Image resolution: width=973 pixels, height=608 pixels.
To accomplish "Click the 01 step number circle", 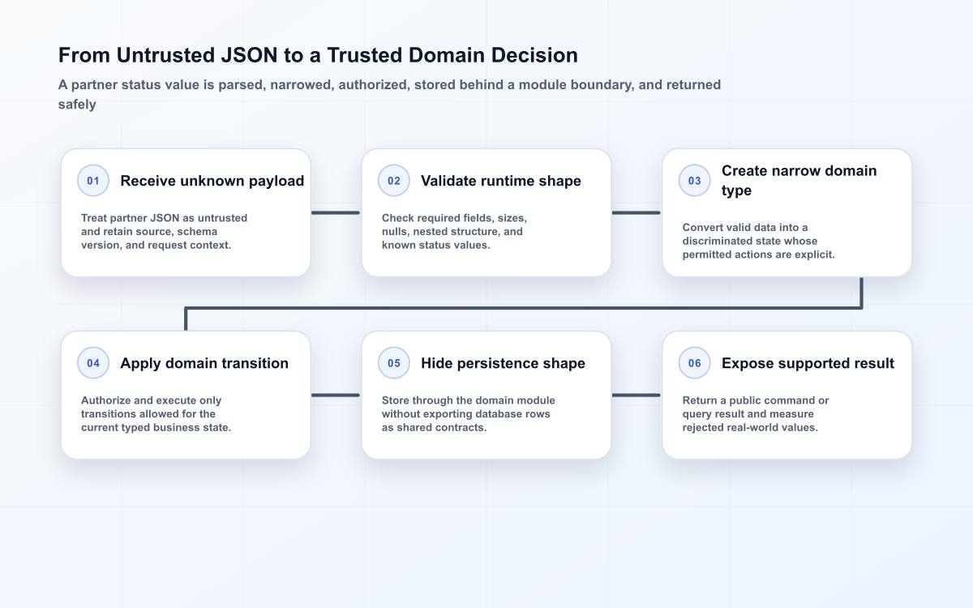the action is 93,181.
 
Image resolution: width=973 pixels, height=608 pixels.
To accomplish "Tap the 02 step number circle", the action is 393,181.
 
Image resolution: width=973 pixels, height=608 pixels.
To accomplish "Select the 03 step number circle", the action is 694,181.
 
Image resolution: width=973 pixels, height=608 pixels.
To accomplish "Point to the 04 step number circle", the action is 93,363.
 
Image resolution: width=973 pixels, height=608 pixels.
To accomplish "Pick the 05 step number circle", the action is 393,363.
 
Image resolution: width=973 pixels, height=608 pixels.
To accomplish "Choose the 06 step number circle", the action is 694,363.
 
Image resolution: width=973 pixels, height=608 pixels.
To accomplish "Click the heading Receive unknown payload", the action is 212,181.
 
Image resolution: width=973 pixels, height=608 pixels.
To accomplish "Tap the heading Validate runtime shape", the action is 501,181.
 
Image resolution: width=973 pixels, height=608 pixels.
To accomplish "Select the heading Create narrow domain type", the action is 799,181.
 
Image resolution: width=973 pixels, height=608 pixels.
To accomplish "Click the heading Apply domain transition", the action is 204,363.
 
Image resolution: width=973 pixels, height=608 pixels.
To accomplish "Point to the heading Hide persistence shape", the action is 503,363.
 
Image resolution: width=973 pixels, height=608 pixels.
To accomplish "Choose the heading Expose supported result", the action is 808,363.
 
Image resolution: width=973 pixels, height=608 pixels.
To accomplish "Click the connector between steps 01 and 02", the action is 336,212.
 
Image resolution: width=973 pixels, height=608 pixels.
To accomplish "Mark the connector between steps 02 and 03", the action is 636,212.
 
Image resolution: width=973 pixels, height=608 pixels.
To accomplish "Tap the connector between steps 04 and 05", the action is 336,396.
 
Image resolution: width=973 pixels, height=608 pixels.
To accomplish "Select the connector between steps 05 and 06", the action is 636,396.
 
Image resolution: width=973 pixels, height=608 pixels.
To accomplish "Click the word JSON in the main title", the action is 249,56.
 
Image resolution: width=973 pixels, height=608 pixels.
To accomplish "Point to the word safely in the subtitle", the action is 77,105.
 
